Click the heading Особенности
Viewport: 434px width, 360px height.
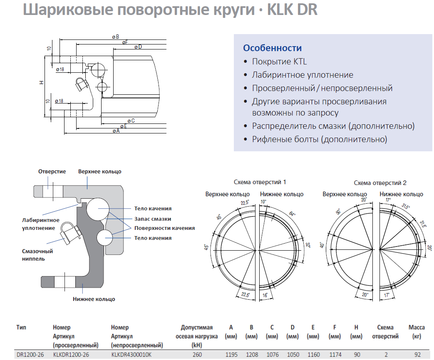[x=273, y=48]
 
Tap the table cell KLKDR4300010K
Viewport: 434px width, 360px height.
[x=131, y=355]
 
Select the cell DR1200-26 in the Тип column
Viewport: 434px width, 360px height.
[x=30, y=355]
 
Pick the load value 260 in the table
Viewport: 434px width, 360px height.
[x=197, y=355]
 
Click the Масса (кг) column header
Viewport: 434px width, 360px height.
[x=417, y=332]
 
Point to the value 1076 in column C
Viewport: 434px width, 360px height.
[x=273, y=355]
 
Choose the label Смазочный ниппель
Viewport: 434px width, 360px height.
[x=37, y=255]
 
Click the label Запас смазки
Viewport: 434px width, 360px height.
[x=153, y=219]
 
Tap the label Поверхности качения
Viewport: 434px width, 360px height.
[x=164, y=228]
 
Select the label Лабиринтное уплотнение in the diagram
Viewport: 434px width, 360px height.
[x=41, y=224]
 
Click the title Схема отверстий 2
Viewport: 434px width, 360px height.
[x=380, y=183]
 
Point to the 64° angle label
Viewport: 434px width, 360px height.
[x=292, y=214]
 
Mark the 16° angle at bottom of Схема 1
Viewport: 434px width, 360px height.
[x=265, y=295]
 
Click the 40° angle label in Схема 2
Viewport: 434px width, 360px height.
[x=322, y=245]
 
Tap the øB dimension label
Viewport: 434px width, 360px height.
[x=115, y=37]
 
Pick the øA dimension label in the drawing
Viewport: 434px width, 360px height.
[x=116, y=131]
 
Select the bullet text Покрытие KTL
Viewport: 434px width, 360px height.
[x=279, y=62]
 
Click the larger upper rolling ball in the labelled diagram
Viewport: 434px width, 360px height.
[x=98, y=209]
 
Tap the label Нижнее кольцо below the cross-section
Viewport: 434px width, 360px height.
[x=94, y=299]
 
